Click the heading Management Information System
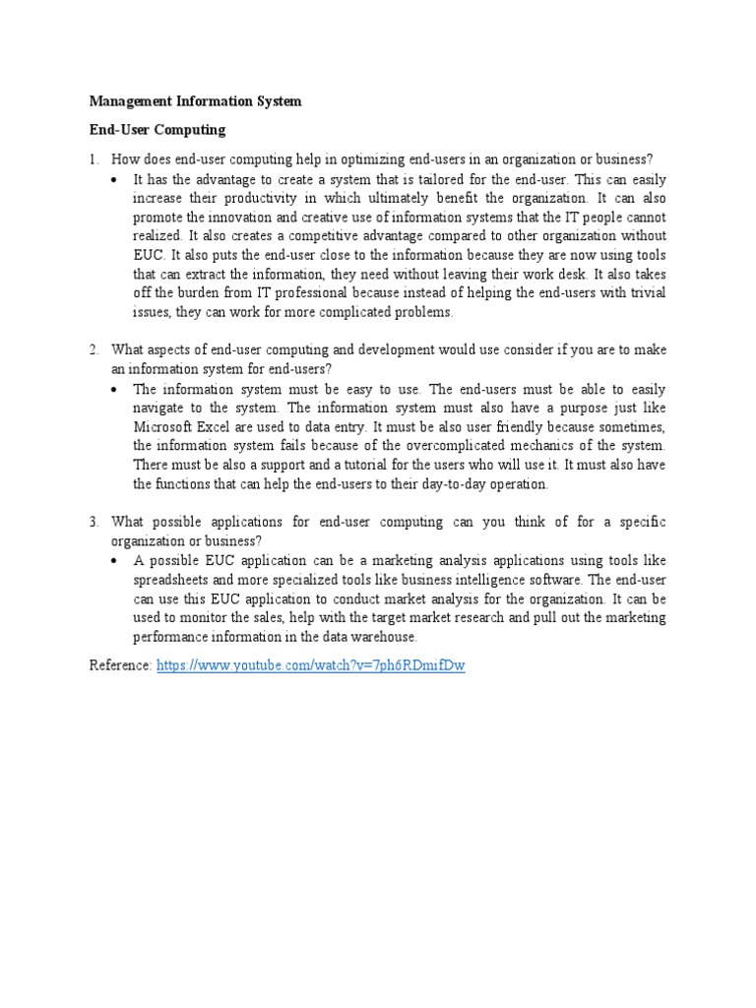(x=195, y=101)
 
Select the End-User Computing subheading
(x=157, y=130)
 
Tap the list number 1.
(x=94, y=159)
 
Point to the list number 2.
(x=94, y=349)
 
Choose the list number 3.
(x=94, y=521)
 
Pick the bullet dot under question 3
(x=116, y=560)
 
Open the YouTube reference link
(x=310, y=666)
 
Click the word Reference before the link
(x=120, y=666)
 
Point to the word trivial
(x=647, y=294)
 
